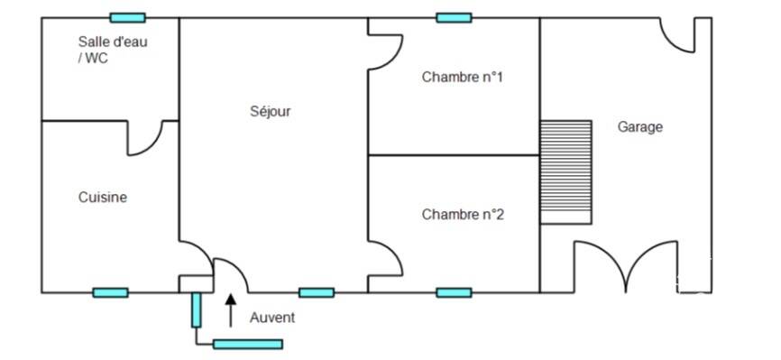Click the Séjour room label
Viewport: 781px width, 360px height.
(x=270, y=111)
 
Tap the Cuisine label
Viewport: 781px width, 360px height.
(x=103, y=198)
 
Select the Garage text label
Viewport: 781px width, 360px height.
(x=640, y=127)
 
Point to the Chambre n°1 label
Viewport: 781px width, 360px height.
(x=463, y=78)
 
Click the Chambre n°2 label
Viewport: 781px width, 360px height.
(x=463, y=215)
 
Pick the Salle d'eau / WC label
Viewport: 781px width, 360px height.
(x=113, y=50)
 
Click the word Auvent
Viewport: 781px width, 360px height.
(x=272, y=318)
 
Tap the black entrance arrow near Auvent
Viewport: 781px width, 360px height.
(x=231, y=310)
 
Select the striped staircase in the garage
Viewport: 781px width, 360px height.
(x=566, y=172)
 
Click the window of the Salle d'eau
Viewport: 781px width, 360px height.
(x=127, y=18)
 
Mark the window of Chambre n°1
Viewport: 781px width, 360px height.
(x=454, y=18)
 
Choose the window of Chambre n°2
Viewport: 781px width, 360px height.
(x=454, y=292)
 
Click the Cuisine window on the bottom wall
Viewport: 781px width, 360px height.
(x=111, y=292)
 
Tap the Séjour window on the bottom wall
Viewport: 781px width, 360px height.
(x=317, y=292)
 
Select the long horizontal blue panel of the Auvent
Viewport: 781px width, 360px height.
(x=248, y=344)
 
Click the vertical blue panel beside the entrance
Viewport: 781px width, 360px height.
(x=197, y=310)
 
